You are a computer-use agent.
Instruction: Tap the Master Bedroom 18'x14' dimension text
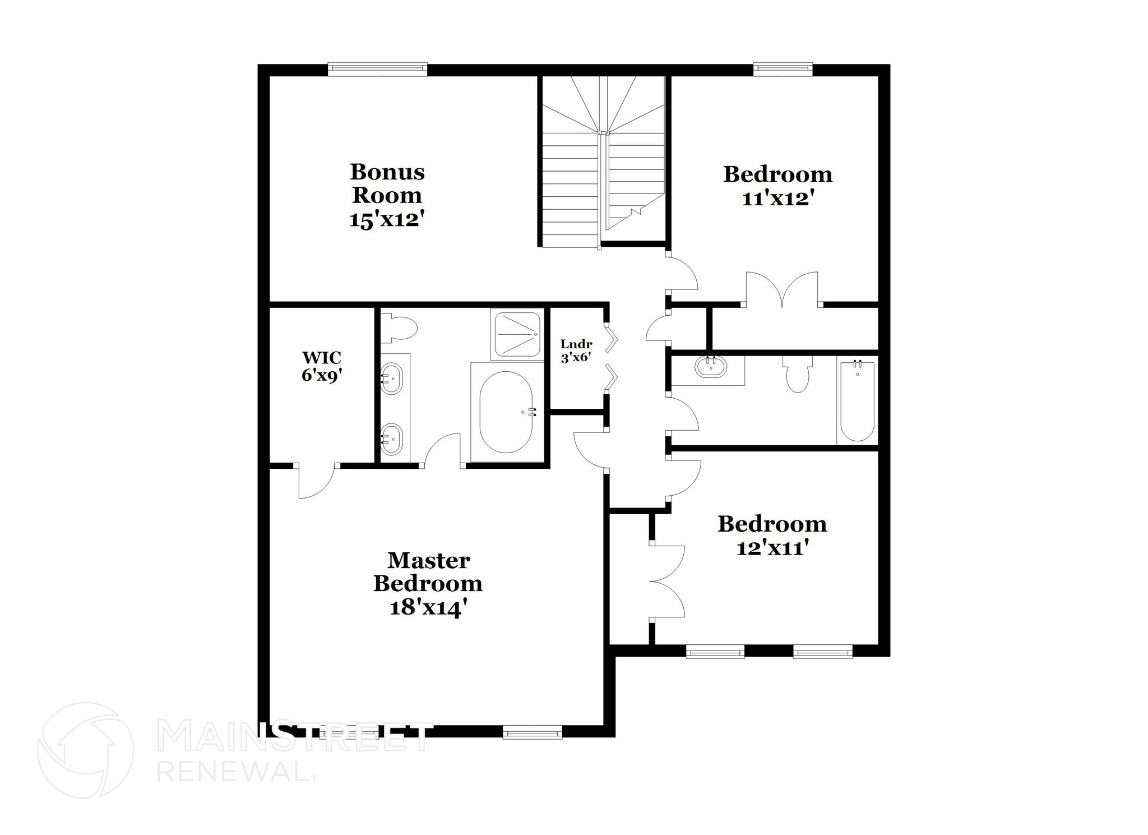428,607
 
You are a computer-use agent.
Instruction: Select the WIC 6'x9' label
322,366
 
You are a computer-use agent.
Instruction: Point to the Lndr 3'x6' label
576,350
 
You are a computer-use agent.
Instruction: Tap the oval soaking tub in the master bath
506,412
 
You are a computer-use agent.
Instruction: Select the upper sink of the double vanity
391,379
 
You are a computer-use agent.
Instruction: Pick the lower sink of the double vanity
391,438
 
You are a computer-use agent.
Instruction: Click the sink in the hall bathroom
710,367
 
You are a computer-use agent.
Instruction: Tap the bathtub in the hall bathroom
857,402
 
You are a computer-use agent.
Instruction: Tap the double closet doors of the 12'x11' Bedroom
667,582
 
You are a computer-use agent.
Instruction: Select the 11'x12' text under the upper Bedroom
777,199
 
